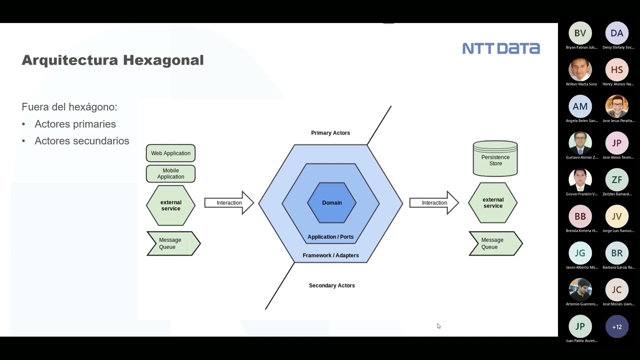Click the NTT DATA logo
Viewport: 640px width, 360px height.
pyautogui.click(x=500, y=48)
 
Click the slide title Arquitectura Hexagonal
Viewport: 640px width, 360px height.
pyautogui.click(x=112, y=60)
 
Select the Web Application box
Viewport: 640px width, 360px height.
pyautogui.click(x=170, y=153)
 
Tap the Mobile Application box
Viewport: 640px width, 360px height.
pyautogui.click(x=170, y=173)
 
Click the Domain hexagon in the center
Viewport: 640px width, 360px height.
pyautogui.click(x=331, y=202)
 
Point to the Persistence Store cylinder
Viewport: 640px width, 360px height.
pyautogui.click(x=495, y=159)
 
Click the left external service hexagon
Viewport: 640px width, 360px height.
pyautogui.click(x=170, y=205)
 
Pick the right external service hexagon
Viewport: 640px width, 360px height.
pyautogui.click(x=492, y=202)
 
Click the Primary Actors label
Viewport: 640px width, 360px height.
pyautogui.click(x=330, y=133)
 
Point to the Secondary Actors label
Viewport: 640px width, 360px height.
pyautogui.click(x=331, y=285)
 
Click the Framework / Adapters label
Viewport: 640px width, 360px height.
pyautogui.click(x=330, y=255)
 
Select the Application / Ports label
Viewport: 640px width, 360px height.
pyautogui.click(x=330, y=237)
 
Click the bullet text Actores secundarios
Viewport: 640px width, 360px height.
pyautogui.click(x=81, y=141)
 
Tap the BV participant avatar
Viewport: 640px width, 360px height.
pyautogui.click(x=580, y=33)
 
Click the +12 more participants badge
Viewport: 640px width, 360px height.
pyautogui.click(x=617, y=327)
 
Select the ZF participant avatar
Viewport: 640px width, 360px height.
pyautogui.click(x=617, y=180)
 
